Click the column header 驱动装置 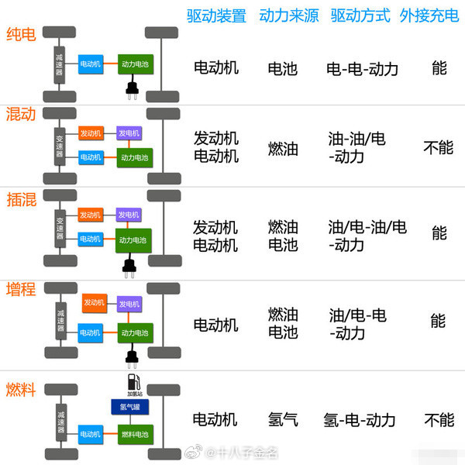point(215,16)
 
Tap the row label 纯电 point(20,35)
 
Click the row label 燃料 point(20,389)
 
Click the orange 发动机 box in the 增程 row point(94,303)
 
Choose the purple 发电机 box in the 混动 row point(129,133)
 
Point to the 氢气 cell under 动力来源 point(283,420)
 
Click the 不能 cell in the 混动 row point(439,147)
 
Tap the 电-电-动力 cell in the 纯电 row point(363,69)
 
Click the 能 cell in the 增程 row point(439,320)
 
